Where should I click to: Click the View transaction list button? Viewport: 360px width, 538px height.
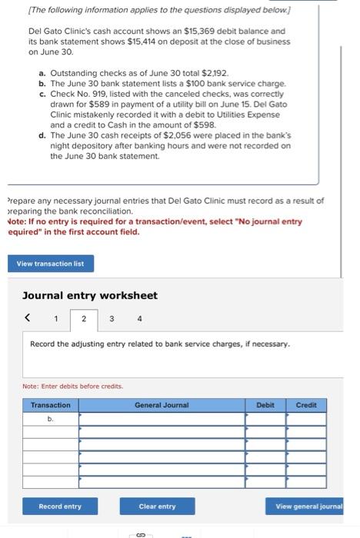point(55,264)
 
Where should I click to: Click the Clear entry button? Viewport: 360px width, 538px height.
point(157,506)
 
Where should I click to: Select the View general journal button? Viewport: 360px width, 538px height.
point(309,506)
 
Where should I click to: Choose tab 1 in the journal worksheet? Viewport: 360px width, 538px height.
point(55,317)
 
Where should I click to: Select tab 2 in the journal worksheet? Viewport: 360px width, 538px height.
point(83,317)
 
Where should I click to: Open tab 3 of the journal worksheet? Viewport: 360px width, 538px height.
point(111,317)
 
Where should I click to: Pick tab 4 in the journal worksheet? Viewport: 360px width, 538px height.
point(139,317)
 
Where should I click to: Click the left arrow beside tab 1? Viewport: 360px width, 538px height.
point(28,317)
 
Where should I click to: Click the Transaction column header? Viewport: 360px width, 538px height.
point(50,404)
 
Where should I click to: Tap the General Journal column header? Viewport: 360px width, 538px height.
point(162,404)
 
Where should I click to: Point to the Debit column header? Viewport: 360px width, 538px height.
point(265,404)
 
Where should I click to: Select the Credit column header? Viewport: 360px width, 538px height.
point(306,404)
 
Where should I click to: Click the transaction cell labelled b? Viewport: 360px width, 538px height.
point(50,419)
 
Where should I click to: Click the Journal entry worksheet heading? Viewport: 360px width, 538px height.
point(90,295)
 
